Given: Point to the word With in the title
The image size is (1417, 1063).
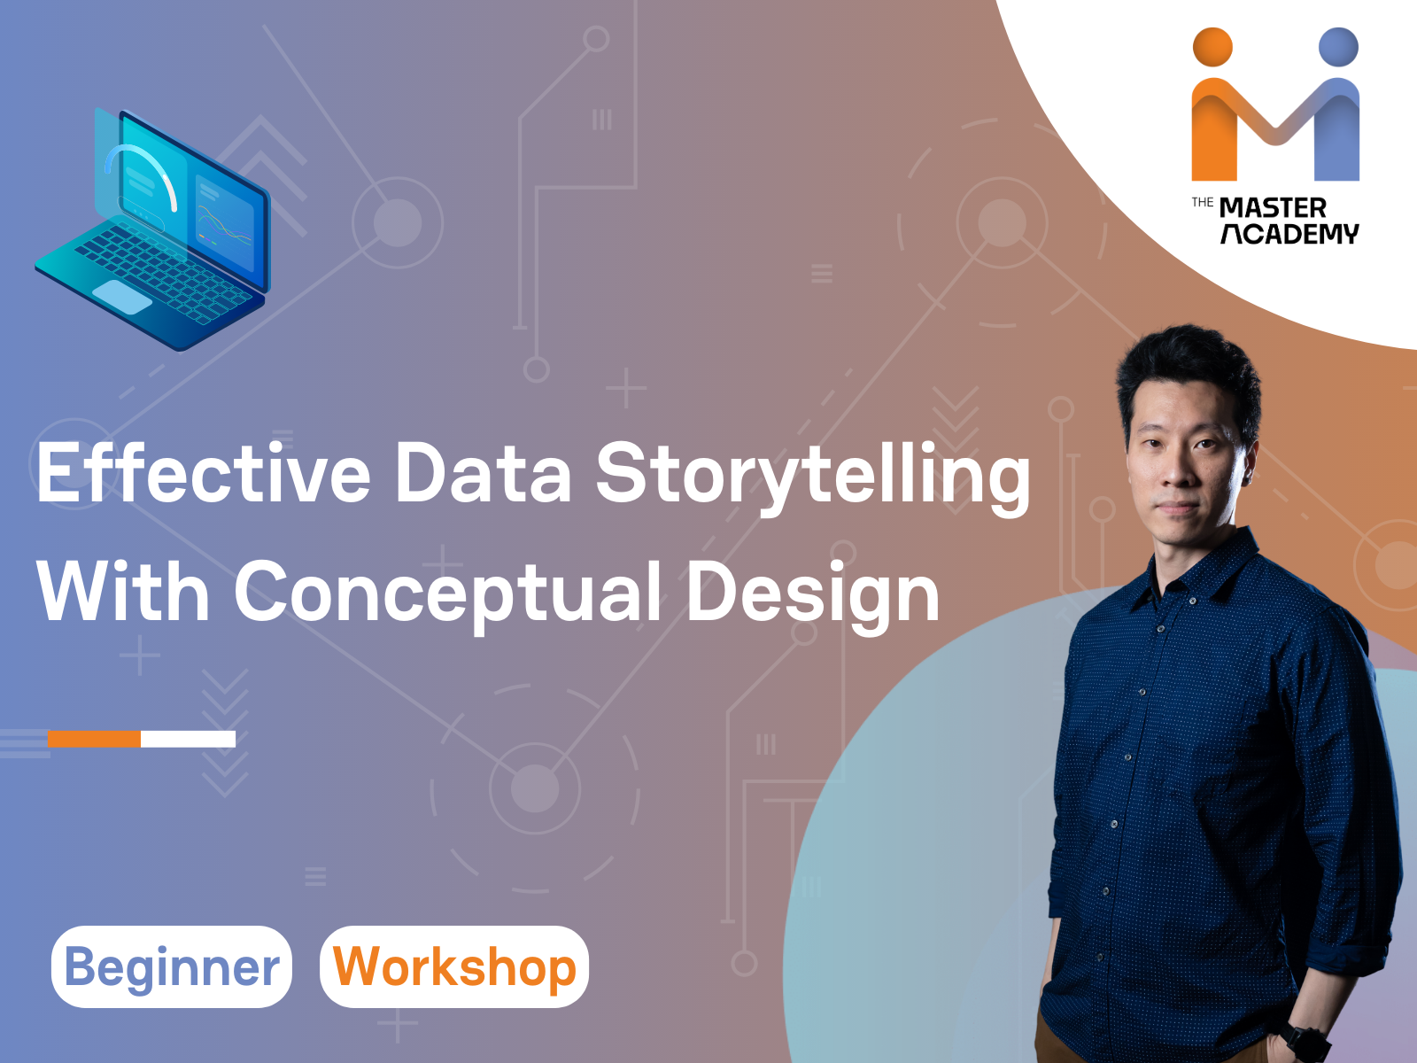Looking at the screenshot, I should tap(123, 592).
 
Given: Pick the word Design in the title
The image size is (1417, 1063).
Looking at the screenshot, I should tap(812, 594).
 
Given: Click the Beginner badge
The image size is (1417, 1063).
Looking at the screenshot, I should tap(172, 966).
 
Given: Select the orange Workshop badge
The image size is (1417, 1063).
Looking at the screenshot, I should tap(454, 966).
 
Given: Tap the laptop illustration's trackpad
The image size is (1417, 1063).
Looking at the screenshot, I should tap(122, 298).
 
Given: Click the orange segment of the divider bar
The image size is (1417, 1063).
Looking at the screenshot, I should tap(94, 739).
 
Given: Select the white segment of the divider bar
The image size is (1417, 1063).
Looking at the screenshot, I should tap(188, 739).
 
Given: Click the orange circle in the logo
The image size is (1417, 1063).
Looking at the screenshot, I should tap(1212, 47).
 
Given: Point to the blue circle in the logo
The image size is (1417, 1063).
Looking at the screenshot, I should tap(1338, 47).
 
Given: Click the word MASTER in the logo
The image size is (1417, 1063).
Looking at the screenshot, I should tap(1273, 208).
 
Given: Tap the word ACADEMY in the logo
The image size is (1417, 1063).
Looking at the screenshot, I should tap(1289, 234).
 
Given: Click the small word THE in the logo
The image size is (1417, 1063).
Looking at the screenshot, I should tap(1202, 203).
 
